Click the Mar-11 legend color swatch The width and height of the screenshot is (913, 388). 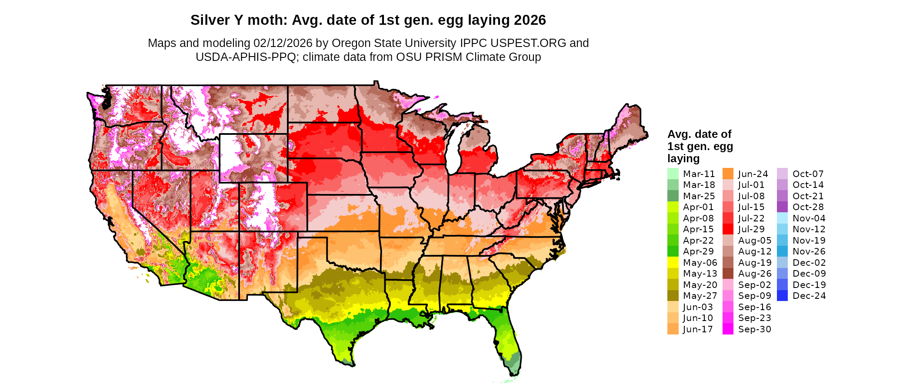tap(673, 174)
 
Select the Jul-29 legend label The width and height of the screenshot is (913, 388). tap(751, 229)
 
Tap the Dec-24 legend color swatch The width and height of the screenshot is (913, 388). tap(782, 296)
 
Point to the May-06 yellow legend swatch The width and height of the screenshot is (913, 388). tap(673, 263)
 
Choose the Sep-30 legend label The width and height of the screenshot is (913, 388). tap(754, 329)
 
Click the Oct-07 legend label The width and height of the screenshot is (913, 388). tap(808, 174)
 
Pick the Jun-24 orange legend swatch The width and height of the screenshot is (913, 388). tap(728, 174)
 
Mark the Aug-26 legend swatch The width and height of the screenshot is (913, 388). tap(728, 274)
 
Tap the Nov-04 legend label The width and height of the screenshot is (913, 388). tap(809, 218)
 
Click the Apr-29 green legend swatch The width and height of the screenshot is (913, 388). tap(673, 251)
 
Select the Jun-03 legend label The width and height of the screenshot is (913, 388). tap(698, 307)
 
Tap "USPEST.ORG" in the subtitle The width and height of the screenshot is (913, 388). tap(528, 43)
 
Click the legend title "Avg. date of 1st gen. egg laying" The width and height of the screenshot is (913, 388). tap(700, 146)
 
